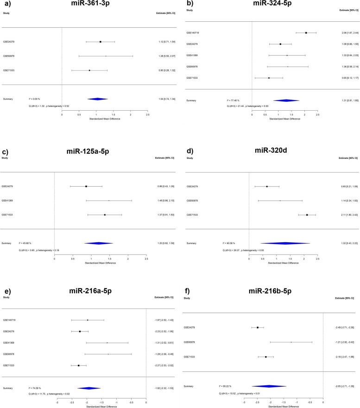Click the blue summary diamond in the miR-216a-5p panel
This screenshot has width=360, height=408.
tap(89, 363)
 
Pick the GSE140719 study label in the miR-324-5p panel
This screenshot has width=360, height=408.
tap(193, 33)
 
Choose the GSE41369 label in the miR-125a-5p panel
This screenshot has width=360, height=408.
tap(9, 188)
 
